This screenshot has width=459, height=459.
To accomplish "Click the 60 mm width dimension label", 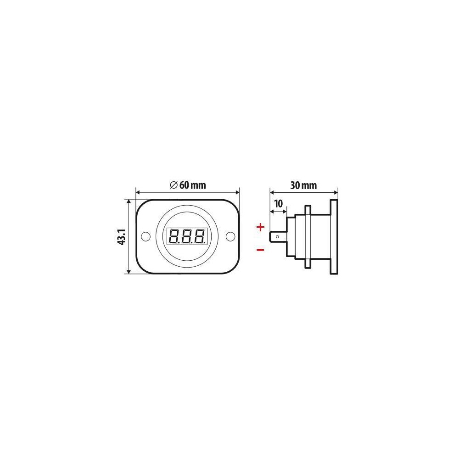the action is [193, 185].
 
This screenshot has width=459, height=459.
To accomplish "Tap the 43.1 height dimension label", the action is [122, 236].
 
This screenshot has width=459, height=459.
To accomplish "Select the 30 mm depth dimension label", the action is [303, 185].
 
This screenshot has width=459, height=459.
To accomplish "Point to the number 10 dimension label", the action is [279, 203].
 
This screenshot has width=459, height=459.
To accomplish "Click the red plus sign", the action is [260, 227].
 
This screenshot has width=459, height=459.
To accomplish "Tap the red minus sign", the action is [260, 250].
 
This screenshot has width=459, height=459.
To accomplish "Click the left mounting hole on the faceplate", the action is [146, 236].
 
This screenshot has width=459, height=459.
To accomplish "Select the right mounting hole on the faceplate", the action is [230, 236].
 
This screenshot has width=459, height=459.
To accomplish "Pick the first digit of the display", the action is [174, 236].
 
